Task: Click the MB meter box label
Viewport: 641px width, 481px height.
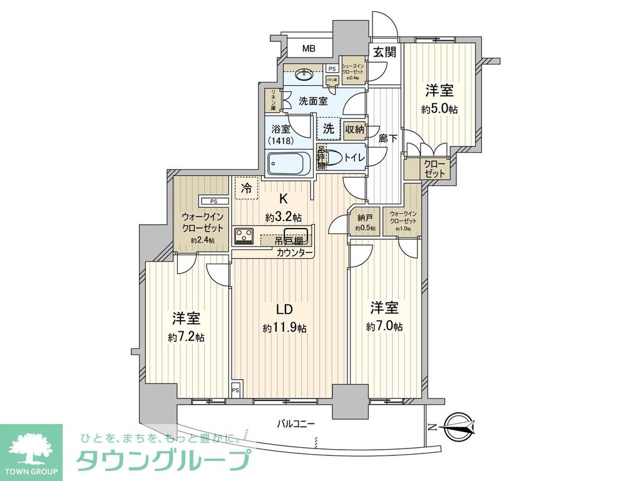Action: click(309, 49)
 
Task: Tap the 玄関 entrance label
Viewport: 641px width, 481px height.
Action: click(385, 53)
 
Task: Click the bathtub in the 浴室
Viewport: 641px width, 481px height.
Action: click(289, 164)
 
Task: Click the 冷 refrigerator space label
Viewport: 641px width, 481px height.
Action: click(246, 187)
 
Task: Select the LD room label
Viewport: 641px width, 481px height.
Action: click(285, 310)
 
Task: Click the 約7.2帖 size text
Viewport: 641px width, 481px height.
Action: click(186, 337)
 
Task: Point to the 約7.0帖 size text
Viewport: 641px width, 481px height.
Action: click(384, 326)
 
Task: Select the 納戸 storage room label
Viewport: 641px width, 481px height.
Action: click(366, 219)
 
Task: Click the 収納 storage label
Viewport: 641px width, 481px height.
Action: click(354, 130)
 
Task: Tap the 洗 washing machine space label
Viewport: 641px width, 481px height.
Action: click(329, 129)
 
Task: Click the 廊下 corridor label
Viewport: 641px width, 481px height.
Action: click(388, 139)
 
